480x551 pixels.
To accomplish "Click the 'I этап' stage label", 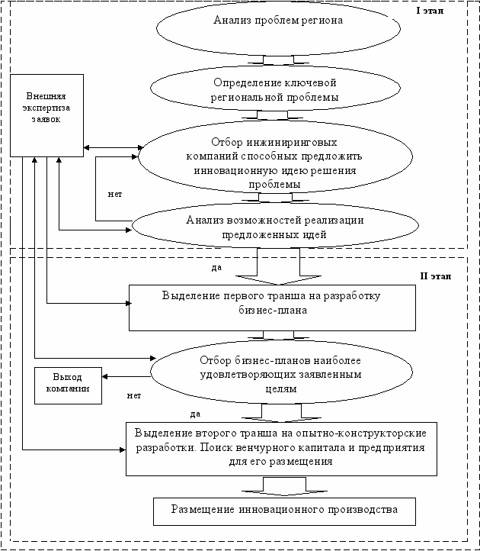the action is click(x=430, y=11).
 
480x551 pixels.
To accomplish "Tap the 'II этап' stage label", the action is click(x=436, y=276).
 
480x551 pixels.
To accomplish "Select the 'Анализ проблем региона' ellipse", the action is click(x=278, y=29).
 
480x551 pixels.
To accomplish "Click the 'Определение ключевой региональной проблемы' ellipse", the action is click(x=276, y=89).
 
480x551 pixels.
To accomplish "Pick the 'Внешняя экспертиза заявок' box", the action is click(x=46, y=115).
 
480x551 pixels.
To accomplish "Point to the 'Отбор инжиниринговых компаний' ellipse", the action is click(x=276, y=156).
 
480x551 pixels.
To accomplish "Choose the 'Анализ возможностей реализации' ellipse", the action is click(x=276, y=226).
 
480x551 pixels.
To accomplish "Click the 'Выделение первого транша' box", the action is click(x=272, y=308).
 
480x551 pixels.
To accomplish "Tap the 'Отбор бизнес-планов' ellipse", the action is click(x=281, y=372).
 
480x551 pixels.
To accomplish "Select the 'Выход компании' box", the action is click(x=68, y=386).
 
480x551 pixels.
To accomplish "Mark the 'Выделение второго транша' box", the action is click(x=281, y=449).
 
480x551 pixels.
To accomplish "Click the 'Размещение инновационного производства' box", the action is click(x=284, y=511).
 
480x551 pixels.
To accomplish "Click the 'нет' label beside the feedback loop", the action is click(x=115, y=194).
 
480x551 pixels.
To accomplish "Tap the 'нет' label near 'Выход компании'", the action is click(x=134, y=395).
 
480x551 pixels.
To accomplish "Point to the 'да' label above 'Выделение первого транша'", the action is click(x=216, y=267).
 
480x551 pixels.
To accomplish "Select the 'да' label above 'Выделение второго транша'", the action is click(x=196, y=414).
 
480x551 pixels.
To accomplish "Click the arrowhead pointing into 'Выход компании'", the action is click(x=104, y=377).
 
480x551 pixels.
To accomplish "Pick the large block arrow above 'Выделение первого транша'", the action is click(x=279, y=266).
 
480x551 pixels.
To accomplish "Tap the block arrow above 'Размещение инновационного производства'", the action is click(x=284, y=486).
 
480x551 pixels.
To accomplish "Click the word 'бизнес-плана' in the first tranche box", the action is click(x=273, y=311).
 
